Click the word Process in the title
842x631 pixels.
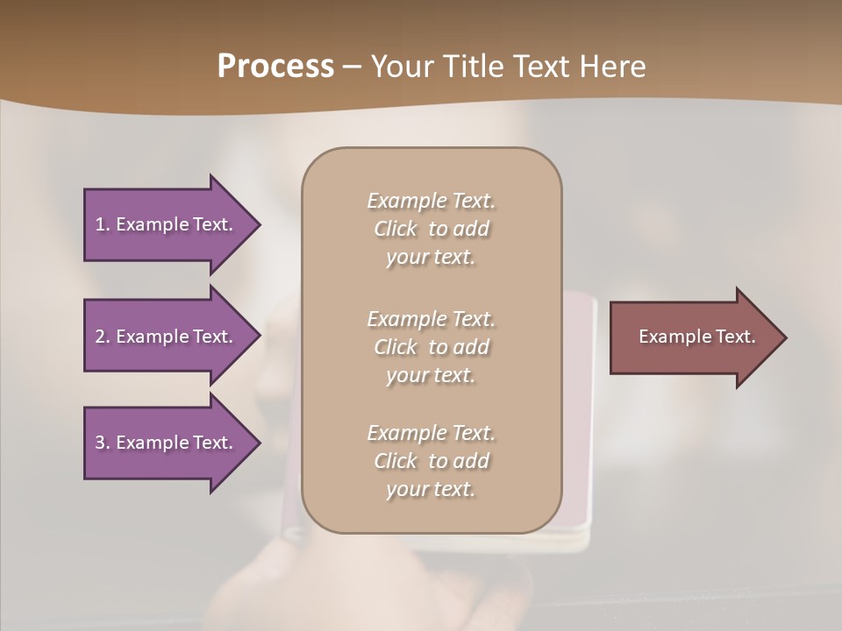point(275,67)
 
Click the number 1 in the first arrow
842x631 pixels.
point(99,224)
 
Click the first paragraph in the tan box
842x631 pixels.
point(431,229)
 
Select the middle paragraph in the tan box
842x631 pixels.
point(431,347)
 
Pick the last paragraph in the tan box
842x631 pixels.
point(431,461)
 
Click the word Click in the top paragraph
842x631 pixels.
point(396,229)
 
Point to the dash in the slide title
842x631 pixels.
point(352,67)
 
